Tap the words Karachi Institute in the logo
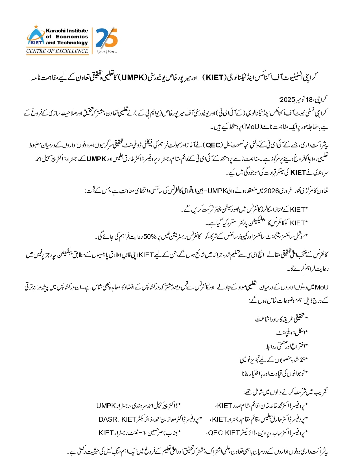tap(67, 31)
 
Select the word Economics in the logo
tap(72, 37)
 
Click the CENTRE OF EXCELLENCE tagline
tap(57, 51)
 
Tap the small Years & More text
tap(107, 52)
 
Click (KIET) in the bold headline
tap(215, 77)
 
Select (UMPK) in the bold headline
tap(133, 77)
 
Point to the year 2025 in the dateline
tap(287, 100)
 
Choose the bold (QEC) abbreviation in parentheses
tap(213, 145)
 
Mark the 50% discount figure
tap(150, 237)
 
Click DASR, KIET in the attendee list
tap(117, 419)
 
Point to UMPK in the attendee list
tap(106, 406)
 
